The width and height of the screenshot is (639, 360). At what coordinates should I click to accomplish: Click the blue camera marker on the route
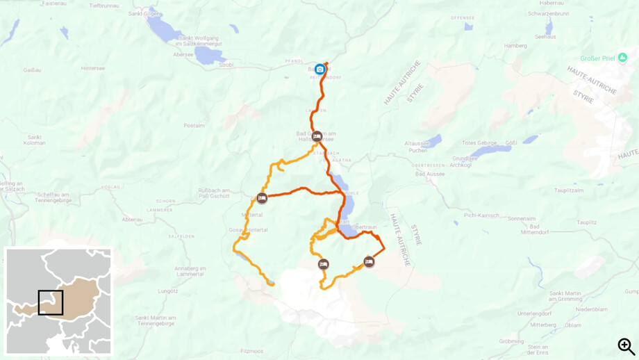coord(319,69)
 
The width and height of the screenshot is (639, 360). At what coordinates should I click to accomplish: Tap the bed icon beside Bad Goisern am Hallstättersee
coord(317,137)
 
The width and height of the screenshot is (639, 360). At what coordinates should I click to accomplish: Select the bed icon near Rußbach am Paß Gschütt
coord(262,198)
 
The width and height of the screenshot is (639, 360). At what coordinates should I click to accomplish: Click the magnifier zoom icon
coord(626,346)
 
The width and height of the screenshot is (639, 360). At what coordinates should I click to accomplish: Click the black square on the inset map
coord(51,303)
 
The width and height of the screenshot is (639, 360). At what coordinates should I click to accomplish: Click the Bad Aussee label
coord(429,174)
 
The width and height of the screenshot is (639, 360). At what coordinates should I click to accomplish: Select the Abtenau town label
coord(132,219)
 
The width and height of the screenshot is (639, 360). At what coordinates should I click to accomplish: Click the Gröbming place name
coord(512,341)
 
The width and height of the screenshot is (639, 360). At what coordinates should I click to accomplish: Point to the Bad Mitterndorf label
coord(544,230)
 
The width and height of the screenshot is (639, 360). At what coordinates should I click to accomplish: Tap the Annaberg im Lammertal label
coord(190,271)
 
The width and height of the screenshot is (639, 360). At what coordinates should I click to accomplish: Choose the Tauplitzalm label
coord(569,190)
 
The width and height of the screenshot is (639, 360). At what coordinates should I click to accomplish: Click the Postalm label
coord(194,126)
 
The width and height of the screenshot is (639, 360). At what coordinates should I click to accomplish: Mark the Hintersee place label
coord(92,68)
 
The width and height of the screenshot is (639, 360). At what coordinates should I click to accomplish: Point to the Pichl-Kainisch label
coord(482,215)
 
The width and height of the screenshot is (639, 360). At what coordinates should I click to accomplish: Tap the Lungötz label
coord(168,291)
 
